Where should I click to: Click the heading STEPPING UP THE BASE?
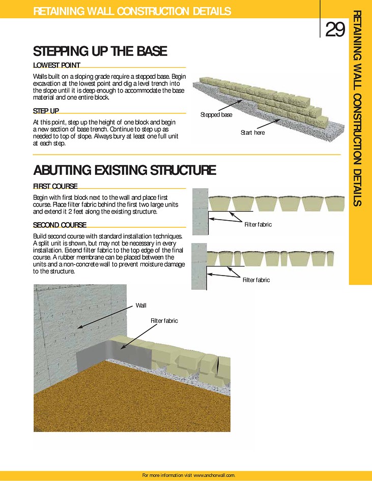[x=100, y=51]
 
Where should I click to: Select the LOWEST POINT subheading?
[x=56, y=65]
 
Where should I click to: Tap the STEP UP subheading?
[x=46, y=110]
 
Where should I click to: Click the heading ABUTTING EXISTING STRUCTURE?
[x=124, y=170]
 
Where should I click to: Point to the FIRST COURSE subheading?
[x=55, y=187]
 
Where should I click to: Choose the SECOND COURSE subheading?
[x=60, y=225]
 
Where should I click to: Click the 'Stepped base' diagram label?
[x=216, y=115]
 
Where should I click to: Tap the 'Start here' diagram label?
[x=252, y=133]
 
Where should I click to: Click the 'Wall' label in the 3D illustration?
[x=140, y=305]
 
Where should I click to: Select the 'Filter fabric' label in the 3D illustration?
[x=164, y=321]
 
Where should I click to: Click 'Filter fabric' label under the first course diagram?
[x=258, y=224]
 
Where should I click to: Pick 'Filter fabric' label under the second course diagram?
[x=256, y=280]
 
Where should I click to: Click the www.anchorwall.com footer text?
[x=214, y=475]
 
